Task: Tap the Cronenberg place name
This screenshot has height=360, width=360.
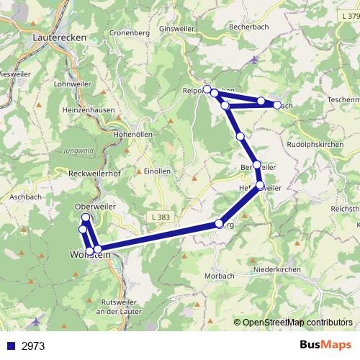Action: tap(130, 32)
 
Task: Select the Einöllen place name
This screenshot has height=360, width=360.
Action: tap(157, 171)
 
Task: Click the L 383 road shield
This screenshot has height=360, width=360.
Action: tap(163, 216)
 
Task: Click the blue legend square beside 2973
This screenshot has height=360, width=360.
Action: tap(11, 346)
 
